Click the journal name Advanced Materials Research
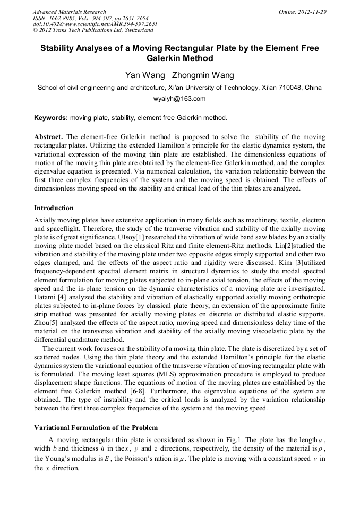pyautogui.click(x=69, y=12)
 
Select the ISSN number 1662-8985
pyautogui.click(x=63, y=18)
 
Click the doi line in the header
pyautogui.click(x=95, y=24)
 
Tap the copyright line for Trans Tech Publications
pyautogui.click(x=93, y=30)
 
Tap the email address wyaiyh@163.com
pyautogui.click(x=179, y=99)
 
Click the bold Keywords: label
pyautogui.click(x=50, y=118)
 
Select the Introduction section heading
pyautogui.click(x=54, y=208)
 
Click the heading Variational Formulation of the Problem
pyautogui.click(x=96, y=427)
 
